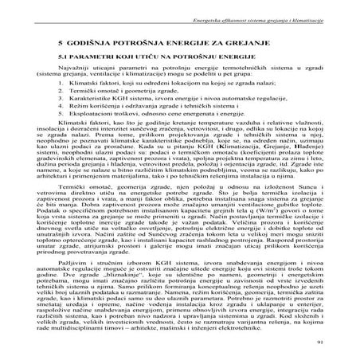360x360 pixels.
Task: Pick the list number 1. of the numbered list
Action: point(73,81)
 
